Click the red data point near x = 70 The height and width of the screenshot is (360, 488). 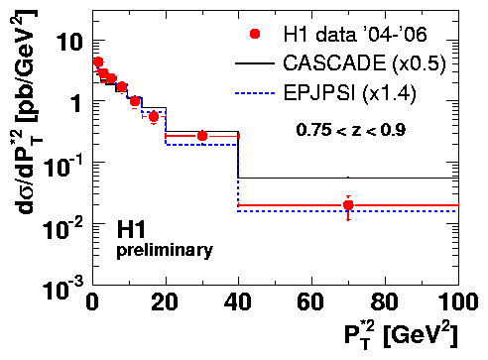coord(348,205)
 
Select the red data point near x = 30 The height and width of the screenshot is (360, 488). coord(202,136)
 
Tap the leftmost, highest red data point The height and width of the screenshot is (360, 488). coord(98,61)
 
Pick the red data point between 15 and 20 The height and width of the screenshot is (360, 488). coord(154,116)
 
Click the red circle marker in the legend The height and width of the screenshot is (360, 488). coord(255,34)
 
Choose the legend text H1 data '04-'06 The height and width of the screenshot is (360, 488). coord(355,34)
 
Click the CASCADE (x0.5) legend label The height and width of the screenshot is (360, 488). coord(364,62)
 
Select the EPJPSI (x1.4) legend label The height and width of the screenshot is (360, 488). coord(349,92)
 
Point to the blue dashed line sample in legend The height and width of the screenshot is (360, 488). coord(255,93)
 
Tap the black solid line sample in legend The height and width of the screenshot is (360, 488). coord(255,63)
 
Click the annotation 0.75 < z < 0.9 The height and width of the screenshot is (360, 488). coord(351,130)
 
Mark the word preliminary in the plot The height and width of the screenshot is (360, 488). coord(165,251)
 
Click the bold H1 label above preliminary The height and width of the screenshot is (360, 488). coord(131,230)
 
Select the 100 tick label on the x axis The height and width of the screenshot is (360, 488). coord(458,301)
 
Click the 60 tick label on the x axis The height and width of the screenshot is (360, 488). coord(310,301)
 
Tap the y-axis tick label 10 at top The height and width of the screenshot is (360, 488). coord(68,42)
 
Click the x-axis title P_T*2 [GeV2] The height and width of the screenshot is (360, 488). coord(401,335)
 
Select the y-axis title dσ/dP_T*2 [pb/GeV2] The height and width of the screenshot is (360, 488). coord(27,112)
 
